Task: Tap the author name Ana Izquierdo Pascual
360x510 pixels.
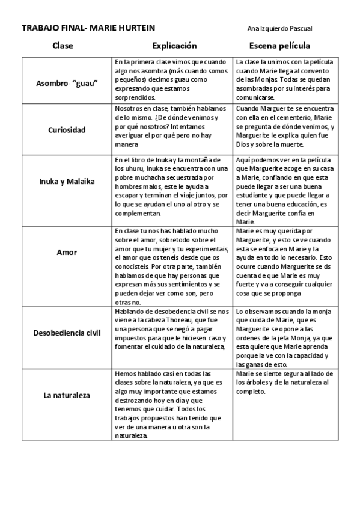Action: (280, 28)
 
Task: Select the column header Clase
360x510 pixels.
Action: (63, 46)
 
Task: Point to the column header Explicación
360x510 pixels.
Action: (174, 46)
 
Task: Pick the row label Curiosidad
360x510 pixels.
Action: (67, 129)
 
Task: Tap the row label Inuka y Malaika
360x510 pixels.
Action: (67, 182)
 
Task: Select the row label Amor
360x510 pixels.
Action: (67, 252)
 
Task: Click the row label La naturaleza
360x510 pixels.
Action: (67, 396)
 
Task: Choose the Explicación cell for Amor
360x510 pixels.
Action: (171, 266)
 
